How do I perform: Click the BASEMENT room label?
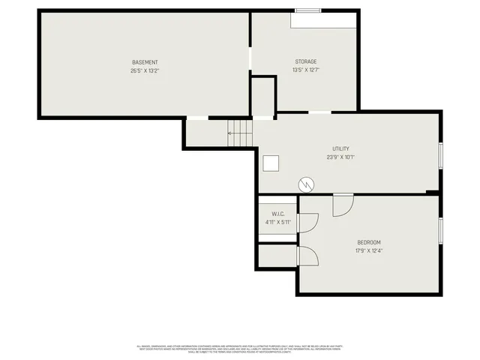(x=145, y=62)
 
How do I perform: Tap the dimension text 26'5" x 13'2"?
(x=145, y=70)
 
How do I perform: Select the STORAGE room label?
(x=305, y=61)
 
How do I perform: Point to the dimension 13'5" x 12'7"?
(x=305, y=70)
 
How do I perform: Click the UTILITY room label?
(x=340, y=148)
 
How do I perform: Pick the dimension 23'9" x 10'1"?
(x=340, y=157)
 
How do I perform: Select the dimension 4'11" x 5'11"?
(x=277, y=222)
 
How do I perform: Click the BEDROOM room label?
(x=368, y=242)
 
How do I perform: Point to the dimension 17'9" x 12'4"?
(x=368, y=250)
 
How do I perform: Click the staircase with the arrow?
(x=241, y=133)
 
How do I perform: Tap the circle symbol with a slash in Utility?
(x=306, y=184)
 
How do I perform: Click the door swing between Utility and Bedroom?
(x=343, y=205)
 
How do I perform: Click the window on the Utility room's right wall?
(x=440, y=153)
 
